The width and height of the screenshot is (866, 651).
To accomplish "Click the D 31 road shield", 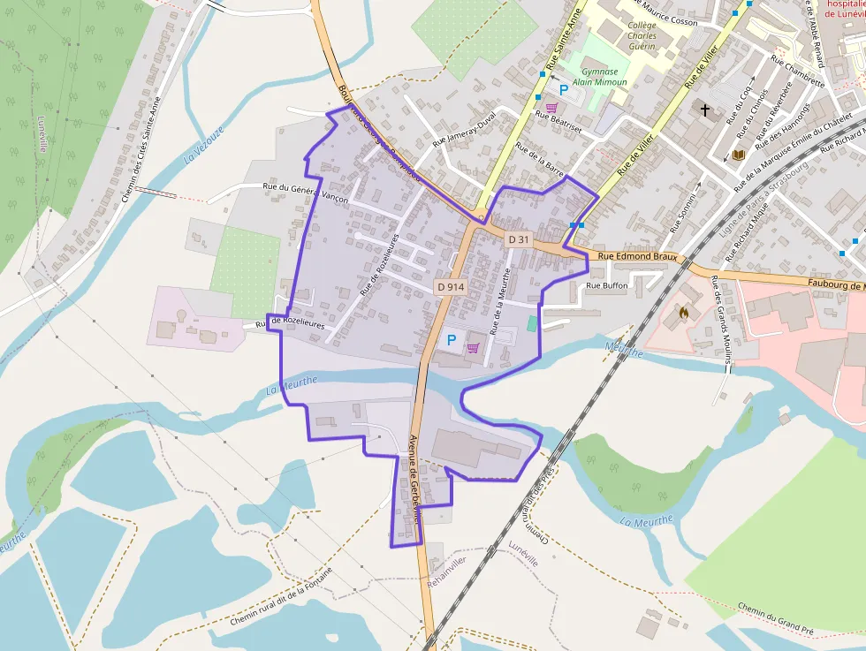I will [519, 239].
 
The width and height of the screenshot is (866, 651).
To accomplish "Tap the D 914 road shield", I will [450, 287].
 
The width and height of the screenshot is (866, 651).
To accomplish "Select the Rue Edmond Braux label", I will [636, 257].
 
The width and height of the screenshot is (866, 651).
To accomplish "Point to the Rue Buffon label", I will [607, 285].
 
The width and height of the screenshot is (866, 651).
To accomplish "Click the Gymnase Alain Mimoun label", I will [599, 77].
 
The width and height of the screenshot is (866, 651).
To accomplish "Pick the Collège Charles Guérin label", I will [642, 36].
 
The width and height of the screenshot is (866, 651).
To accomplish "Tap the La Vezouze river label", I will [204, 147].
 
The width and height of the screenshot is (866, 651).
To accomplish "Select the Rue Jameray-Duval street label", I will [465, 130].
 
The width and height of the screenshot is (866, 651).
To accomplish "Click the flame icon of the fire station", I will [681, 312].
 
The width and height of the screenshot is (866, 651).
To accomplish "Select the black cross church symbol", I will [705, 110].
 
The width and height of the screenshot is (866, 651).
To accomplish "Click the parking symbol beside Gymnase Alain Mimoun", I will [562, 89].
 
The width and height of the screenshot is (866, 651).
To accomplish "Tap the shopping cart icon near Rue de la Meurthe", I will [474, 347].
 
